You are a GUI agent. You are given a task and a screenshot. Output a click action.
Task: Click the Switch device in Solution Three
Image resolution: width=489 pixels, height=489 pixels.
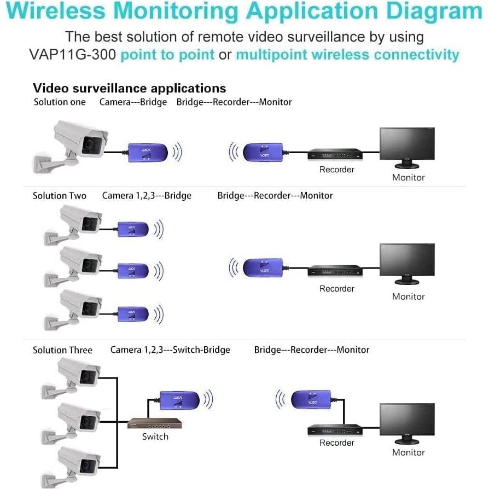tap(154, 423)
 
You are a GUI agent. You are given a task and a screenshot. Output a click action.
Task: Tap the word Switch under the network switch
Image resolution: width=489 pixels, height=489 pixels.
tap(155, 436)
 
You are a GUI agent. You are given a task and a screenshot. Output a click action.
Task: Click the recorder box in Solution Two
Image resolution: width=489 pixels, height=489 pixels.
tap(335, 271)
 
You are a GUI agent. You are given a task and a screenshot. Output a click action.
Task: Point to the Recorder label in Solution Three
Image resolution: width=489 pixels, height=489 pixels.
tap(336, 443)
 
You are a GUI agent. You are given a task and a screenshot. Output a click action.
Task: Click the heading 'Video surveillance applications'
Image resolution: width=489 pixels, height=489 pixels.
tap(129, 88)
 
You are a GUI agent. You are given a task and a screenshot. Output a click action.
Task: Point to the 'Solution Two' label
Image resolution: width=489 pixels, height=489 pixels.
tap(59, 196)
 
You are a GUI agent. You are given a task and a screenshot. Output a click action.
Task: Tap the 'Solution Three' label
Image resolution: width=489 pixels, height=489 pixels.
tap(62, 350)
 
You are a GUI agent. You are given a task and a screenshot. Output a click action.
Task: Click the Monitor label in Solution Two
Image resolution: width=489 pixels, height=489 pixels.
tap(408, 296)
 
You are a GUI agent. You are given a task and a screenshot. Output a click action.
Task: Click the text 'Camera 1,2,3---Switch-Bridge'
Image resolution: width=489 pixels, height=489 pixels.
tap(170, 350)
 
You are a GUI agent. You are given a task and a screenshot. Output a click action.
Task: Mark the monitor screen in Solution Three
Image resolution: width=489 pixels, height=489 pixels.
tap(408, 420)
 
